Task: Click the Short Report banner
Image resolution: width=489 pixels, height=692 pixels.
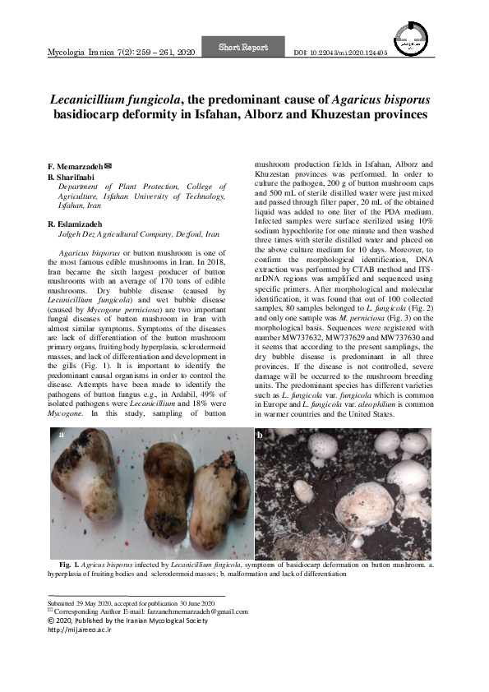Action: tap(243, 48)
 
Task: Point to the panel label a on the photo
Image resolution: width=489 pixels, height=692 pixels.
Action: tap(59, 436)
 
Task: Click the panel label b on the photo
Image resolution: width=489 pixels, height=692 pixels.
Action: tap(261, 435)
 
